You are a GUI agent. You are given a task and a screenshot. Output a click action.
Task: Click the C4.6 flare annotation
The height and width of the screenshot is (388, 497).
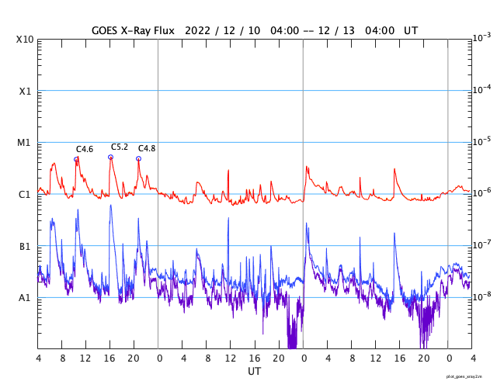(85, 149)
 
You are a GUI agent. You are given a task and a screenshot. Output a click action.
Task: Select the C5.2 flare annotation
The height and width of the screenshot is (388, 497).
(120, 147)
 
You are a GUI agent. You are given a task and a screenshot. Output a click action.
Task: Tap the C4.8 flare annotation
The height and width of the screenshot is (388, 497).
(147, 148)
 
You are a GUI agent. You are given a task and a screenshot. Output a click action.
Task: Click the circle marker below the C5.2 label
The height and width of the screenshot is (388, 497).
(110, 157)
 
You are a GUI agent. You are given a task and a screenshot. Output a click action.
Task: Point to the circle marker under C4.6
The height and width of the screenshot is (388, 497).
(76, 159)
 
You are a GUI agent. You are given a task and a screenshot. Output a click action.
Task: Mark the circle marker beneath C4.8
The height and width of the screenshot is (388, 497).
(138, 158)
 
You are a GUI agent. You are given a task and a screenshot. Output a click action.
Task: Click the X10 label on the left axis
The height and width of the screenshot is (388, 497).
(25, 40)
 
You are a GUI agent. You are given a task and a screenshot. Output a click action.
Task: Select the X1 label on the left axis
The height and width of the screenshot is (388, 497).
(25, 91)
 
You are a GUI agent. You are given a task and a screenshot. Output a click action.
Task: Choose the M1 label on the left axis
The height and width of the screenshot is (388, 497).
(25, 143)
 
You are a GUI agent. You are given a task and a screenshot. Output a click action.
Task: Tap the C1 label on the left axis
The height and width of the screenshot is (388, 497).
(25, 194)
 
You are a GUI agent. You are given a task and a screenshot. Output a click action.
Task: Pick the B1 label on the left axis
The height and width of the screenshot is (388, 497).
(25, 246)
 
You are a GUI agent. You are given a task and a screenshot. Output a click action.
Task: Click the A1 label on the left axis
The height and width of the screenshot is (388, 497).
(25, 297)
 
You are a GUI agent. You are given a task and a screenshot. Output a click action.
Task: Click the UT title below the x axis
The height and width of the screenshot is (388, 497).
(254, 372)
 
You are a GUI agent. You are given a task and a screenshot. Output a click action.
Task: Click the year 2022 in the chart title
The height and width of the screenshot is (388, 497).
(195, 30)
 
